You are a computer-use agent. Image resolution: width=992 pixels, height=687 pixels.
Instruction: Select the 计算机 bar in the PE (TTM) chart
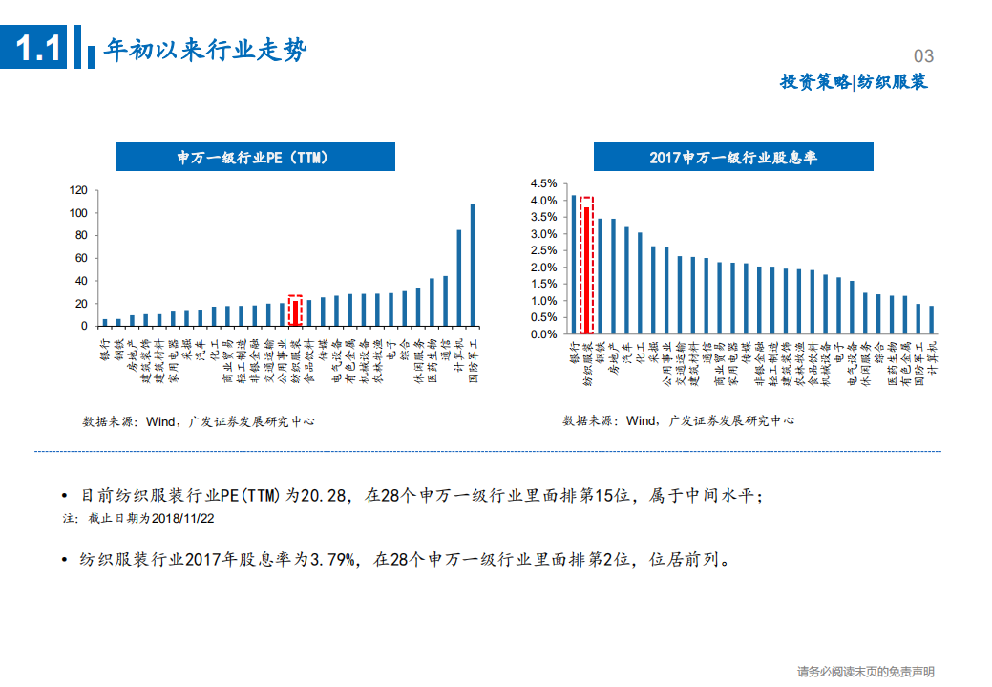click(459, 278)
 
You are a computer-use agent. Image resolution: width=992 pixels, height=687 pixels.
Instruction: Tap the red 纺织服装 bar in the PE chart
click(296, 314)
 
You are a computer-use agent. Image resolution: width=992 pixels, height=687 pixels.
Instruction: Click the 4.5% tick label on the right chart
click(543, 183)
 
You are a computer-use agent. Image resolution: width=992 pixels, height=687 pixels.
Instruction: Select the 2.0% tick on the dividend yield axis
click(543, 268)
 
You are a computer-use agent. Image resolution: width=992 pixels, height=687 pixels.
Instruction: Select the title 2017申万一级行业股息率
click(732, 158)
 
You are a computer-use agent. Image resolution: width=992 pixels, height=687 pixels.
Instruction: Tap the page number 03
click(923, 56)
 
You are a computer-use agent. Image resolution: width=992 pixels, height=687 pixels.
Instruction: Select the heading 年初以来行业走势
click(205, 50)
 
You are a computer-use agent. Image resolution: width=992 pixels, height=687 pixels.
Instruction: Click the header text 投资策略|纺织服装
click(854, 82)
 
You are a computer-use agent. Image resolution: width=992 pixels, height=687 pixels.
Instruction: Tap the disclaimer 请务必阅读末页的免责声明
click(865, 672)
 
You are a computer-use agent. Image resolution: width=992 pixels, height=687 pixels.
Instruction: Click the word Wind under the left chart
click(159, 420)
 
